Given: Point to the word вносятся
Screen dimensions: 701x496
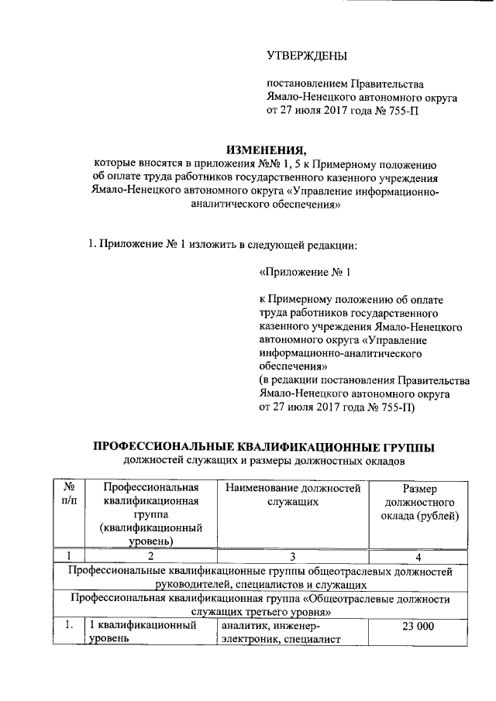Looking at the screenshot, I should click(156, 164).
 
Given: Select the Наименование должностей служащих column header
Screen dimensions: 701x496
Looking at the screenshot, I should click(293, 495).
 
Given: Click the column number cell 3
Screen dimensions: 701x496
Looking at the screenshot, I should click(293, 555).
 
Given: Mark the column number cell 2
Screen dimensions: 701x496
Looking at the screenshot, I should click(150, 555).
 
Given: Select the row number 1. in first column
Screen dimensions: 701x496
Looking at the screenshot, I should click(69, 626).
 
